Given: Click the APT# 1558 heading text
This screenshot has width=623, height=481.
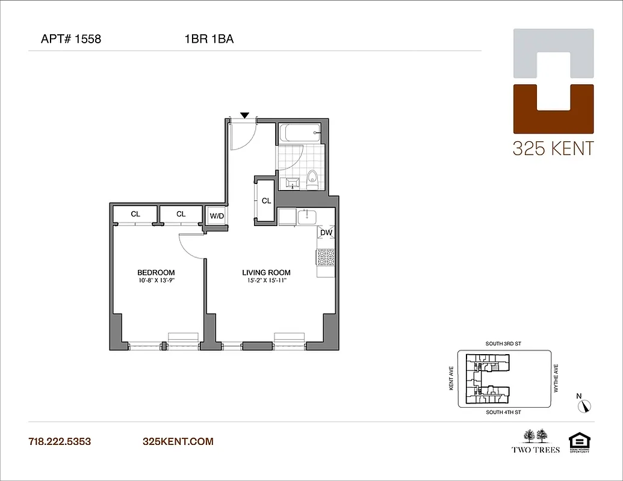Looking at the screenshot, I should [x=71, y=40].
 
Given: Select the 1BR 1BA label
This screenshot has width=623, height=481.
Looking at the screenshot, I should [x=209, y=40].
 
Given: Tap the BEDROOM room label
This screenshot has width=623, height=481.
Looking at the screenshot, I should [x=156, y=272].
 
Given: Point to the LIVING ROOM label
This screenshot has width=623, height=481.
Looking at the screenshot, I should [x=266, y=272].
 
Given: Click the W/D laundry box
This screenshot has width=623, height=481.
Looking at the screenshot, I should [x=217, y=215].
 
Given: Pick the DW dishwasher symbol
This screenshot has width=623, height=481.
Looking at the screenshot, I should [x=326, y=232].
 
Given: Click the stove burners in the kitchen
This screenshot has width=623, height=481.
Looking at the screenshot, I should [x=326, y=257].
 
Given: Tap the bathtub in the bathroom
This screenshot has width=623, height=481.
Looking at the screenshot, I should [x=299, y=133].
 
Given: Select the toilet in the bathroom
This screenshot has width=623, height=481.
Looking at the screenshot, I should [x=312, y=179].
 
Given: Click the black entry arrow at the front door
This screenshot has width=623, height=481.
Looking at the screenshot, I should [x=244, y=115].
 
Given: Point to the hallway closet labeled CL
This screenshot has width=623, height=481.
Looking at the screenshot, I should [x=266, y=201].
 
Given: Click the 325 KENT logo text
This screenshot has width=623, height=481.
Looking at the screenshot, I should [x=553, y=149].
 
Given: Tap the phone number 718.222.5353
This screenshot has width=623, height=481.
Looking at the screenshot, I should [x=60, y=441].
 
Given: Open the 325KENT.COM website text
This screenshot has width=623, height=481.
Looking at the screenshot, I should [x=178, y=441].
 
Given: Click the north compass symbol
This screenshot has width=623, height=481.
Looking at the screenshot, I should [x=584, y=405].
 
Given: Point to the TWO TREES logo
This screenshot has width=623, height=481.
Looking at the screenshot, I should [x=536, y=441].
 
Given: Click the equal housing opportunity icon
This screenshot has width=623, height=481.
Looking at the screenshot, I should [x=577, y=441].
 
